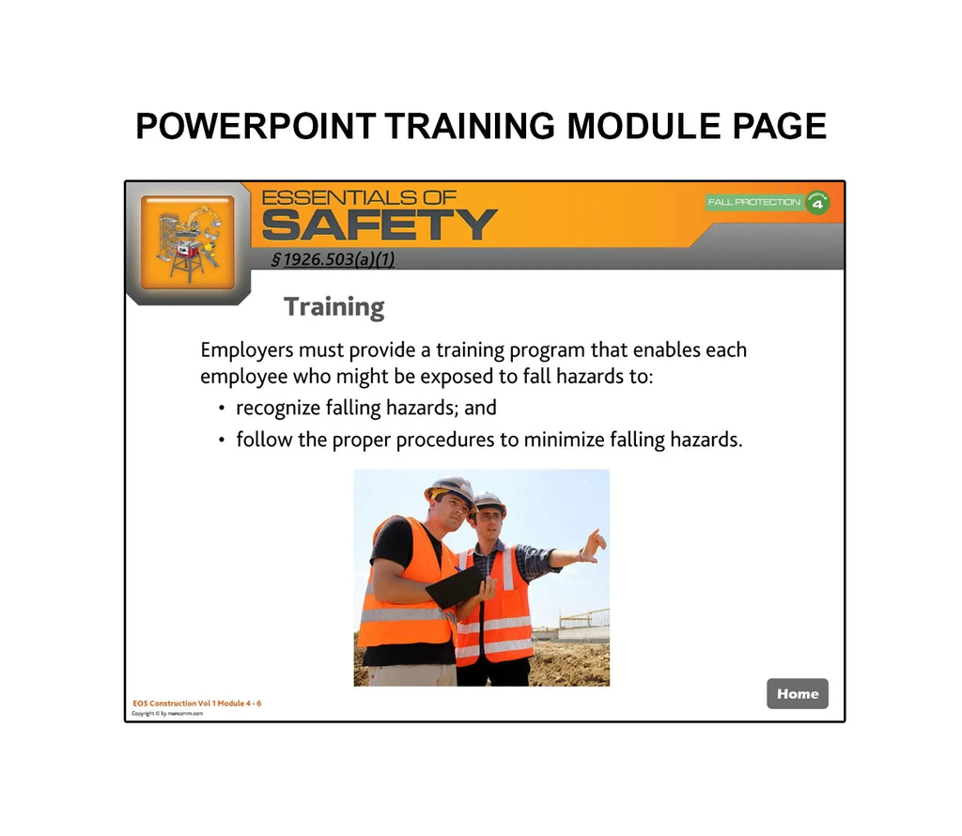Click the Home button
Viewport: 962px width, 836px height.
pyautogui.click(x=798, y=693)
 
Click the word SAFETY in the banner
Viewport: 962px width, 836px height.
pyautogui.click(x=379, y=225)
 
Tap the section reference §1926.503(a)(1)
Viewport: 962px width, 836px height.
pyautogui.click(x=333, y=259)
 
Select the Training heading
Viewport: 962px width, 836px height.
pyautogui.click(x=334, y=307)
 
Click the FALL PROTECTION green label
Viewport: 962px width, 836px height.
pyautogui.click(x=754, y=202)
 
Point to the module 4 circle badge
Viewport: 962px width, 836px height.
pyautogui.click(x=817, y=202)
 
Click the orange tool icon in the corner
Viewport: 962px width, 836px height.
pyautogui.click(x=187, y=241)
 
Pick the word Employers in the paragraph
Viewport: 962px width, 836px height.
pyautogui.click(x=247, y=350)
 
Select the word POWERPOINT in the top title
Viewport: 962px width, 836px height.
pyautogui.click(x=256, y=126)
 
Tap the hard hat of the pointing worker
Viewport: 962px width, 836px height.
pyautogui.click(x=489, y=502)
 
